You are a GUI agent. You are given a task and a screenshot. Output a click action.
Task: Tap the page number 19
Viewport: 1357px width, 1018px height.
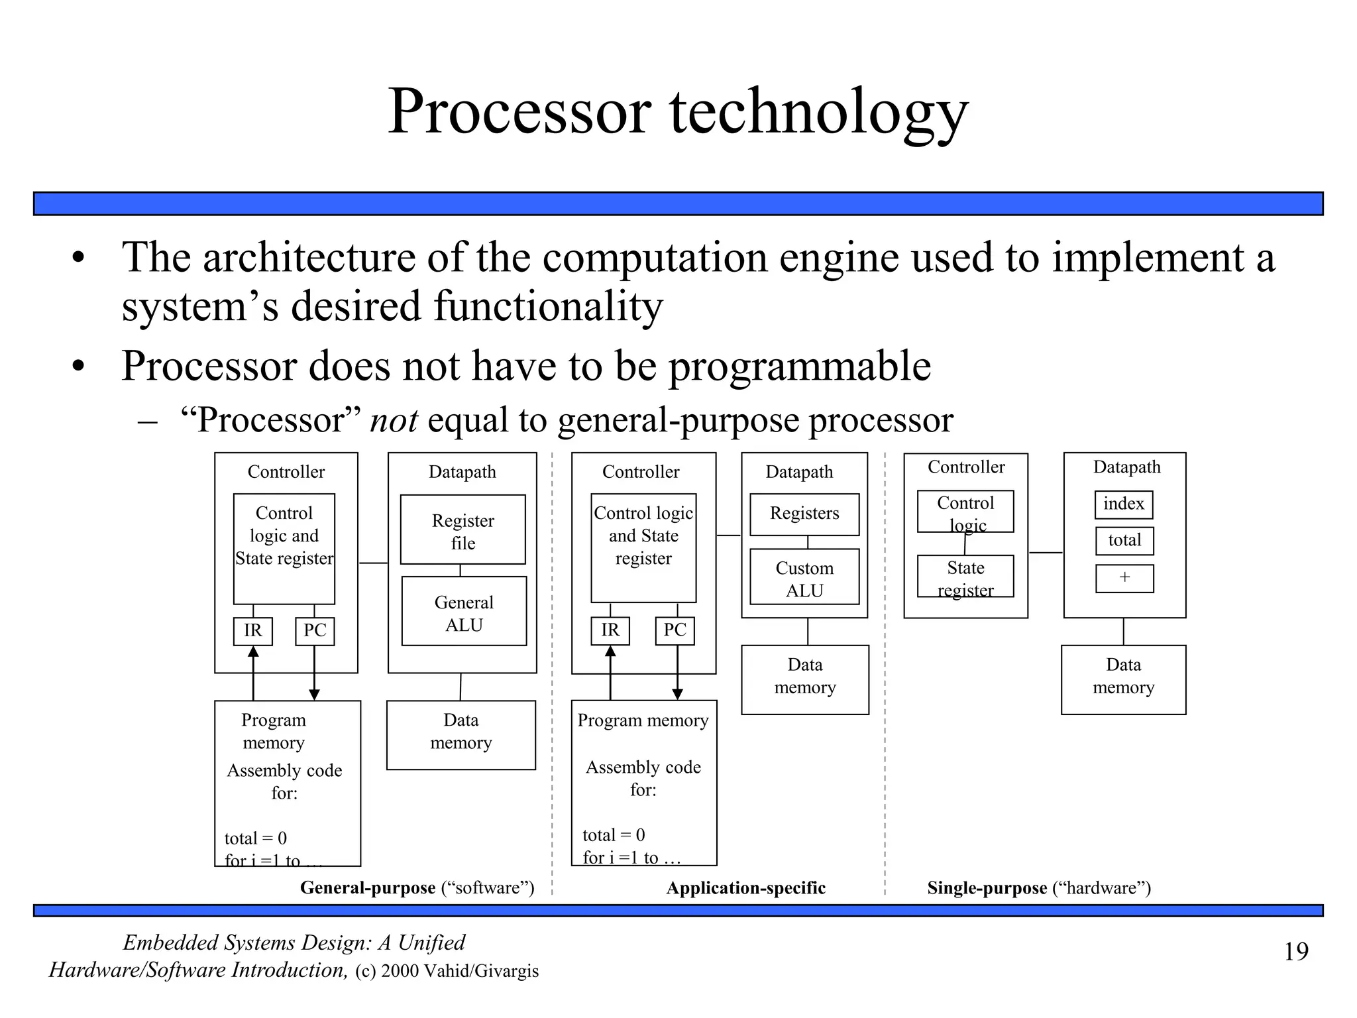tap(1296, 952)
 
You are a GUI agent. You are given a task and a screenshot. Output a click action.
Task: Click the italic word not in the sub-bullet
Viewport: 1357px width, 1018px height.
tap(394, 420)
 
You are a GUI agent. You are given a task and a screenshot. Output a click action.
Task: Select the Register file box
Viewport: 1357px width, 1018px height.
tap(462, 530)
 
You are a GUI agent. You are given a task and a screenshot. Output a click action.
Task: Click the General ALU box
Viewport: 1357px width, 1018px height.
tap(464, 612)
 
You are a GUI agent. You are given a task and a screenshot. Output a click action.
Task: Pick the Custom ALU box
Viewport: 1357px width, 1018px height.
tap(804, 577)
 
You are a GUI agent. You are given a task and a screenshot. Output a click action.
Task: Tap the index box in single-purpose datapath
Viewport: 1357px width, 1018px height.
tap(1124, 504)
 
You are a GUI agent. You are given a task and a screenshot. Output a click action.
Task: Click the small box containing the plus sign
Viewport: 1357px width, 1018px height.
tap(1124, 578)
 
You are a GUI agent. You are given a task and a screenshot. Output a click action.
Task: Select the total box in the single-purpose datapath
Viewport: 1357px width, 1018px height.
tap(1124, 541)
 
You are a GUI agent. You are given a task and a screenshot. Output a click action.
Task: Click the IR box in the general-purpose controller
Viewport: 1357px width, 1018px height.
tap(253, 631)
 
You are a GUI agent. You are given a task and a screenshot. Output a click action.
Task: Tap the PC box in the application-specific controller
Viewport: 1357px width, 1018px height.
tap(675, 630)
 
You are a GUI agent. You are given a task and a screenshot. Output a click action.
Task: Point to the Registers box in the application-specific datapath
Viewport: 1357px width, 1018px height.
tap(804, 514)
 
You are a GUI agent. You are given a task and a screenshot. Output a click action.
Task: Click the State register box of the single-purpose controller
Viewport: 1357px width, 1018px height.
tap(965, 577)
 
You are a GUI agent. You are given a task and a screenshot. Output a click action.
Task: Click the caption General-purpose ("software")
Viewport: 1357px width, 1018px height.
tap(417, 887)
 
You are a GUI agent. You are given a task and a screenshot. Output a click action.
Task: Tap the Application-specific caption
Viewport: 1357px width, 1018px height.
tap(745, 888)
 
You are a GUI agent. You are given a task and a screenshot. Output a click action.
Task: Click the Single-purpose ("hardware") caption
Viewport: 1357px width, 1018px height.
tap(1038, 888)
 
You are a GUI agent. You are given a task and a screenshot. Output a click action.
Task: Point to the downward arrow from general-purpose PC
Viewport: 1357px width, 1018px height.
tap(315, 676)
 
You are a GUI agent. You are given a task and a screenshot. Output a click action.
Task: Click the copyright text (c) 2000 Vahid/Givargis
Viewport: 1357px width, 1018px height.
tap(447, 971)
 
